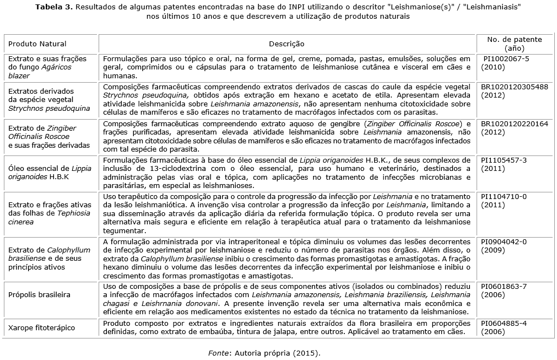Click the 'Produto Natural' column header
[37, 44]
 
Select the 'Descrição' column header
[286, 44]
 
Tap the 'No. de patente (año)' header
[515, 44]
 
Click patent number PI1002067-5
[506, 58]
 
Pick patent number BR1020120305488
[515, 87]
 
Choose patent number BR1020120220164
[515, 123]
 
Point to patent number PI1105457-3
[504, 160]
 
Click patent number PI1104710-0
[504, 196]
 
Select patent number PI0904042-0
[504, 241]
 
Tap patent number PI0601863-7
[504, 287]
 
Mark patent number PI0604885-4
[504, 323]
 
